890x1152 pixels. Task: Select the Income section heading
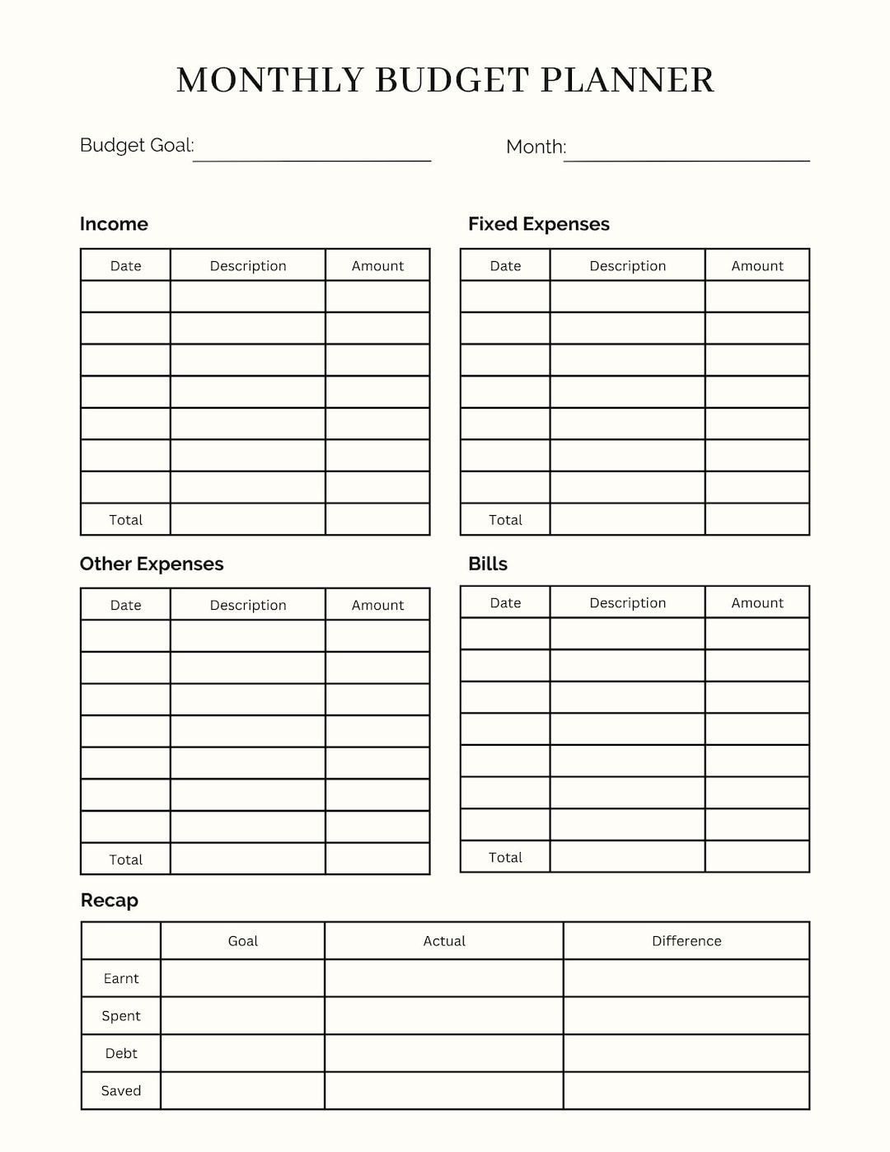pyautogui.click(x=114, y=224)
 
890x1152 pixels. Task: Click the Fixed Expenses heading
pyautogui.click(x=538, y=224)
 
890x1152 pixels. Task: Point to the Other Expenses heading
pyautogui.click(x=152, y=564)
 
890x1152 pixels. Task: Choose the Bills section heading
pyautogui.click(x=488, y=564)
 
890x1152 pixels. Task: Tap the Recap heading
pyautogui.click(x=110, y=900)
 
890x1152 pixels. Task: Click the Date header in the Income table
pyautogui.click(x=126, y=265)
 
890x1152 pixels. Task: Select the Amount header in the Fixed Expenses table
pyautogui.click(x=757, y=265)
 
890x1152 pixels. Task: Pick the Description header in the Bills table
pyautogui.click(x=627, y=602)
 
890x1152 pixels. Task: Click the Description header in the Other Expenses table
pyautogui.click(x=248, y=605)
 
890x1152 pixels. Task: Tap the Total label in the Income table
pyautogui.click(x=126, y=520)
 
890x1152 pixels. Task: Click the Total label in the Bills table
pyautogui.click(x=505, y=857)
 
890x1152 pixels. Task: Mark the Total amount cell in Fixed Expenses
pyautogui.click(x=757, y=519)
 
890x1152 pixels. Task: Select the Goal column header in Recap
pyautogui.click(x=243, y=941)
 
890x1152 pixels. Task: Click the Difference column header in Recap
pyautogui.click(x=686, y=941)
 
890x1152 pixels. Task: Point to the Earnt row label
pyautogui.click(x=121, y=978)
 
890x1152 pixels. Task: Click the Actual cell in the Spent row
pyautogui.click(x=444, y=1016)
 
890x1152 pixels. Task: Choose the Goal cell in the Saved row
pyautogui.click(x=243, y=1090)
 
